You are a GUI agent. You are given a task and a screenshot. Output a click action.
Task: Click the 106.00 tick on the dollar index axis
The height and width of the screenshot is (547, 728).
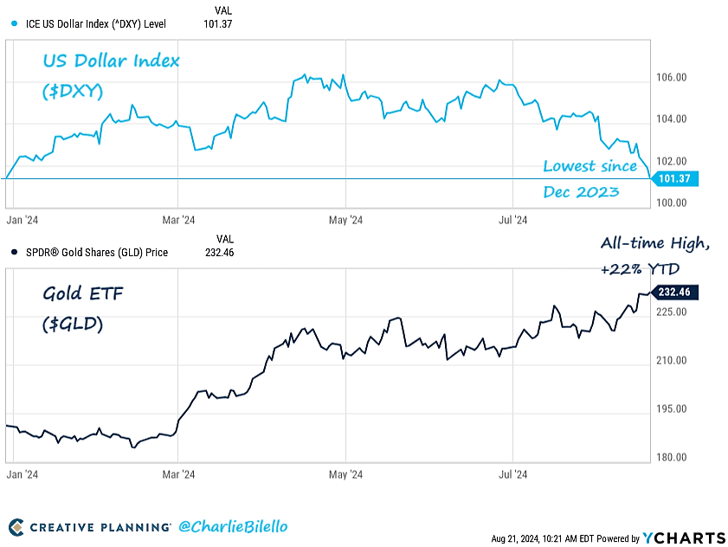coord(673,78)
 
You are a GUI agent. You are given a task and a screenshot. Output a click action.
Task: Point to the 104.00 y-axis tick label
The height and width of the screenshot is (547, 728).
coord(673,119)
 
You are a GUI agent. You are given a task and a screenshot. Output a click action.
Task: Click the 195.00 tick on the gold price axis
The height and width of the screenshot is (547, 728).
coord(673,409)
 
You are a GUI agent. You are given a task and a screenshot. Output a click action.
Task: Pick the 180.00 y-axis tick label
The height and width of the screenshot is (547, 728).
coord(673,457)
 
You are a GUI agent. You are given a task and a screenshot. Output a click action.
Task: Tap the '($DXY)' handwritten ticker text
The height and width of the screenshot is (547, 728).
coord(71,90)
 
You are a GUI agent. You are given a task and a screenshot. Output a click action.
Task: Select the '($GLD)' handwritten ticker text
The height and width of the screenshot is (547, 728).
coord(73,323)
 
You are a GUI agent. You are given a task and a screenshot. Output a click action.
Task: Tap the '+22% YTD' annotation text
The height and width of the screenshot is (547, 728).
coord(641,269)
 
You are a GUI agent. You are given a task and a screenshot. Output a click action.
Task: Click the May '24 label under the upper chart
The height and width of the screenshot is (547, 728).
coord(345,220)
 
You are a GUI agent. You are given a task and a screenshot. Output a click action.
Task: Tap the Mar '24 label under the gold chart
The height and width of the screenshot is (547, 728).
coord(177,474)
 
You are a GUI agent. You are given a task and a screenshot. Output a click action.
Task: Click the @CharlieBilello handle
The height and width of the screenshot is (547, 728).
coord(232,526)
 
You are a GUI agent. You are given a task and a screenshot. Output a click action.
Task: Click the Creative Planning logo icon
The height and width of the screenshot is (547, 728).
coord(16,527)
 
